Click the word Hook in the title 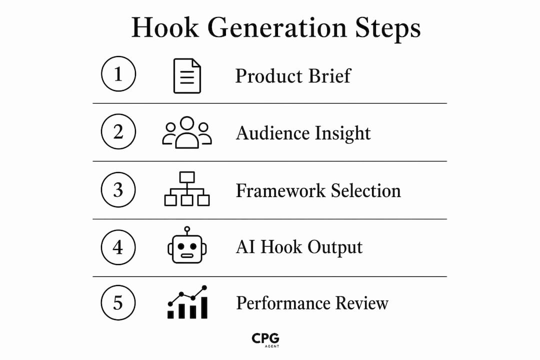click(x=165, y=27)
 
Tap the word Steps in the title click(x=388, y=28)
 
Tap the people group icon click(x=187, y=132)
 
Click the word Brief click(x=329, y=76)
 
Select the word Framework click(x=280, y=190)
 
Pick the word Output click(x=334, y=247)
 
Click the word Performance click(x=283, y=303)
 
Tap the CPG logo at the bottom click(x=265, y=340)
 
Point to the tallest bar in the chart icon click(x=204, y=308)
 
